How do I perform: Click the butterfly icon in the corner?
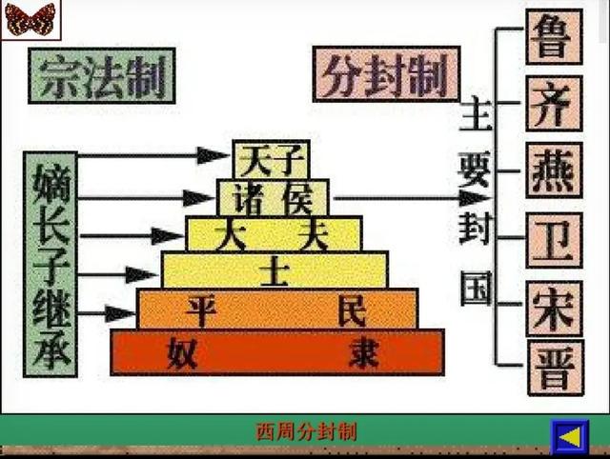click(x=30, y=19)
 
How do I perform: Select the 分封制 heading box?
click(x=386, y=73)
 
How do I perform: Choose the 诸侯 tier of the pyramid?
click(x=273, y=198)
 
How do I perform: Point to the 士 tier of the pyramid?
click(x=274, y=269)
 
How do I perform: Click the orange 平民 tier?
click(x=277, y=309)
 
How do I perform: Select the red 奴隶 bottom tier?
click(x=277, y=351)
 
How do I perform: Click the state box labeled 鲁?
click(x=554, y=37)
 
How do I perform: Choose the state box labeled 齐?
click(x=554, y=104)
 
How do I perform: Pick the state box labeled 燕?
click(x=554, y=170)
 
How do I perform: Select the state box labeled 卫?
click(x=554, y=239)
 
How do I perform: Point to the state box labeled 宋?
click(x=554, y=307)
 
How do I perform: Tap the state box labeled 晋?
click(x=554, y=369)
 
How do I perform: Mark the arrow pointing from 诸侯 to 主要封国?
click(x=410, y=198)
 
